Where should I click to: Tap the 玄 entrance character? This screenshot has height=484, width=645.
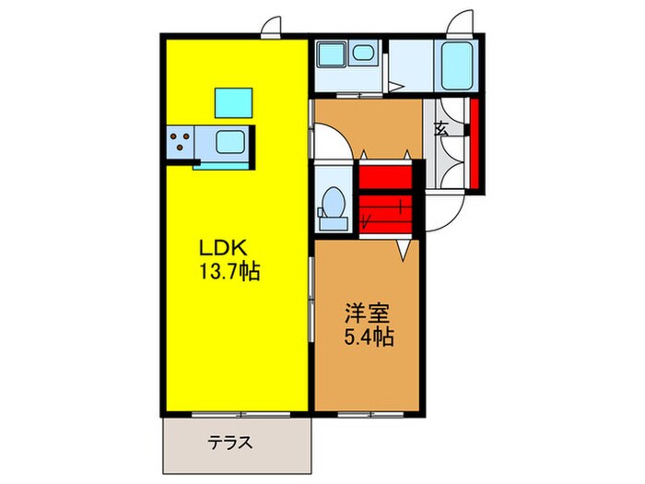click(x=441, y=129)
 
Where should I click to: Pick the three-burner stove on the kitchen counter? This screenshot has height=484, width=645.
click(x=181, y=144)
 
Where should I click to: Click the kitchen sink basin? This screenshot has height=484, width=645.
click(x=229, y=144)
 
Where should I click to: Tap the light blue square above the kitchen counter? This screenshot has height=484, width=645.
click(x=233, y=101)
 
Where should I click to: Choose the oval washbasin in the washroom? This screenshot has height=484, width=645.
click(x=362, y=54)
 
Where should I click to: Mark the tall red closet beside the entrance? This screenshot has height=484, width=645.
click(x=475, y=143)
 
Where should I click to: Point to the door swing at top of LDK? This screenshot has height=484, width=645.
click(x=271, y=28)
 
